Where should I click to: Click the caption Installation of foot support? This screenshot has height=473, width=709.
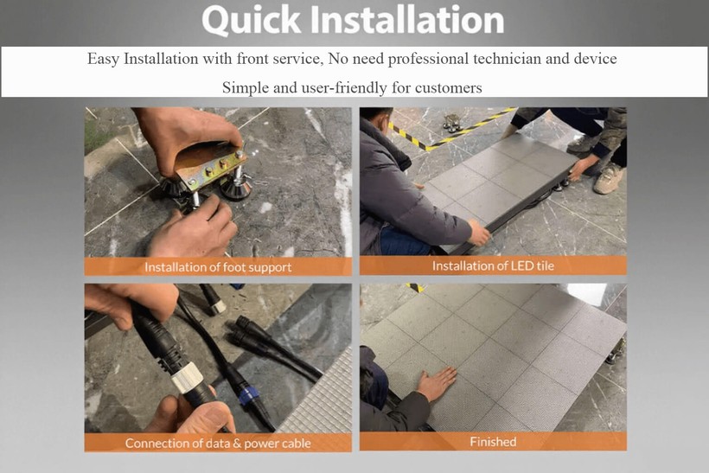(x=218, y=266)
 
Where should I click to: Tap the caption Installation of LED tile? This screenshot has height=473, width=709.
(x=493, y=265)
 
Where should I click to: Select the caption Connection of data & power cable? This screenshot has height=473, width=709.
(x=218, y=443)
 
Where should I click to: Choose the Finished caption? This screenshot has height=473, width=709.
(x=493, y=442)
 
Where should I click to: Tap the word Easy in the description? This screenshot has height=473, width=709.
(x=104, y=60)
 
